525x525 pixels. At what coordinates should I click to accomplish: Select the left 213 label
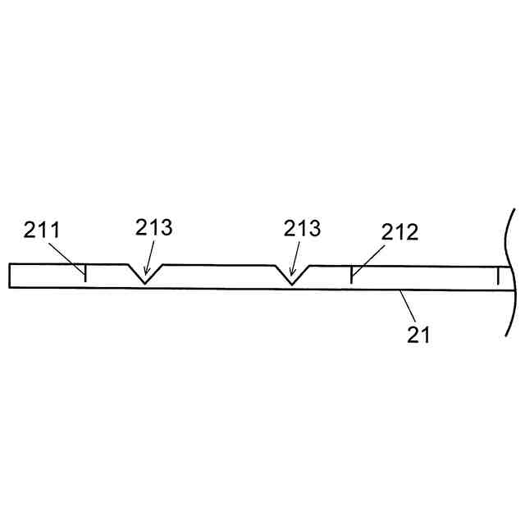point(153,227)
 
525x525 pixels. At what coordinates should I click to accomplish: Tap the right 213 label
point(302,228)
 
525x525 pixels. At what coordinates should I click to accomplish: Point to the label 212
point(399,231)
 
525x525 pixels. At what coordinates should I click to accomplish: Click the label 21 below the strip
point(418,334)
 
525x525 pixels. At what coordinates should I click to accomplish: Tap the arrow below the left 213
point(148,261)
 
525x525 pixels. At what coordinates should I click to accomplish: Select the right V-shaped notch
point(291,273)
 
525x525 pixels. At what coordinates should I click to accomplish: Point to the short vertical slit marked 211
point(85,274)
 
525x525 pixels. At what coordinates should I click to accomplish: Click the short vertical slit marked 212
point(351,275)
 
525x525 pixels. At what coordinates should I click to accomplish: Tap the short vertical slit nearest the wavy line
point(497,277)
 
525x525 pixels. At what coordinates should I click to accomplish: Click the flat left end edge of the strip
point(9,276)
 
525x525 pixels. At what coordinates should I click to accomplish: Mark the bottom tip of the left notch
point(145,283)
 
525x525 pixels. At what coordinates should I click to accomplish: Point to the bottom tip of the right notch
point(291,284)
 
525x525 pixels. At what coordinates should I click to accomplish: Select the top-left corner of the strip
point(9,264)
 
